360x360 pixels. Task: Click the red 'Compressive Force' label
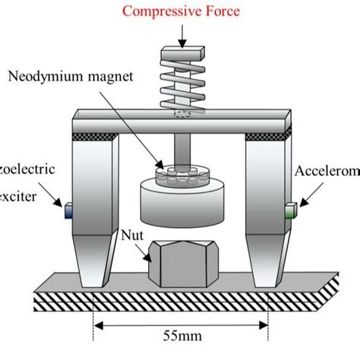pyautogui.click(x=180, y=11)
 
